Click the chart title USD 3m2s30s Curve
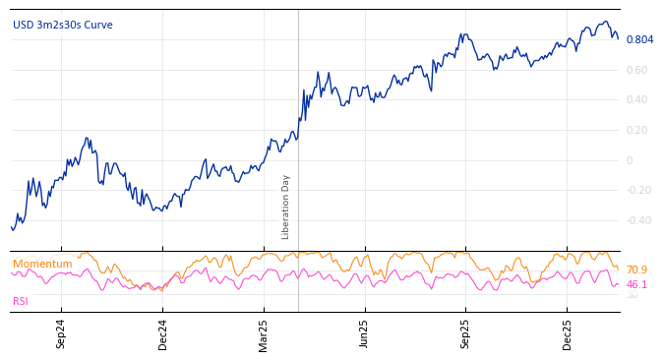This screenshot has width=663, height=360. click(63, 26)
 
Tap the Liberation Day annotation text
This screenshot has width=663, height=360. click(286, 207)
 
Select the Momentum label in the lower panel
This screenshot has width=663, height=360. click(42, 265)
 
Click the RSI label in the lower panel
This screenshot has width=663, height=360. click(21, 301)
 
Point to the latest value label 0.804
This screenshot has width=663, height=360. click(639, 39)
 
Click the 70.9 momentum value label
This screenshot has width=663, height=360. click(636, 270)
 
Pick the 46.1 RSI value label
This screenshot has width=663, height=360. click(636, 285)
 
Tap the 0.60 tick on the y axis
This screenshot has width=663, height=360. click(636, 70)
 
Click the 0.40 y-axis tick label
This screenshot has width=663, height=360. click(636, 100)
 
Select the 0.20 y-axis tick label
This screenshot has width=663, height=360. click(636, 131)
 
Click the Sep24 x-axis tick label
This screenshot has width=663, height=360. click(61, 333)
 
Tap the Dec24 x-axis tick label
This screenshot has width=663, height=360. click(163, 333)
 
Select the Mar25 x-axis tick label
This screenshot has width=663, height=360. click(264, 333)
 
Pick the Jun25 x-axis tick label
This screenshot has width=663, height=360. click(365, 333)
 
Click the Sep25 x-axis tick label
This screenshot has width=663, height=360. click(466, 333)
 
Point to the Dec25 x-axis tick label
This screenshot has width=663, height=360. click(568, 333)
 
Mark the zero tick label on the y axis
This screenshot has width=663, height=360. click(631, 160)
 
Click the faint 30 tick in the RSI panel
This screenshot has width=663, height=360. click(632, 295)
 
